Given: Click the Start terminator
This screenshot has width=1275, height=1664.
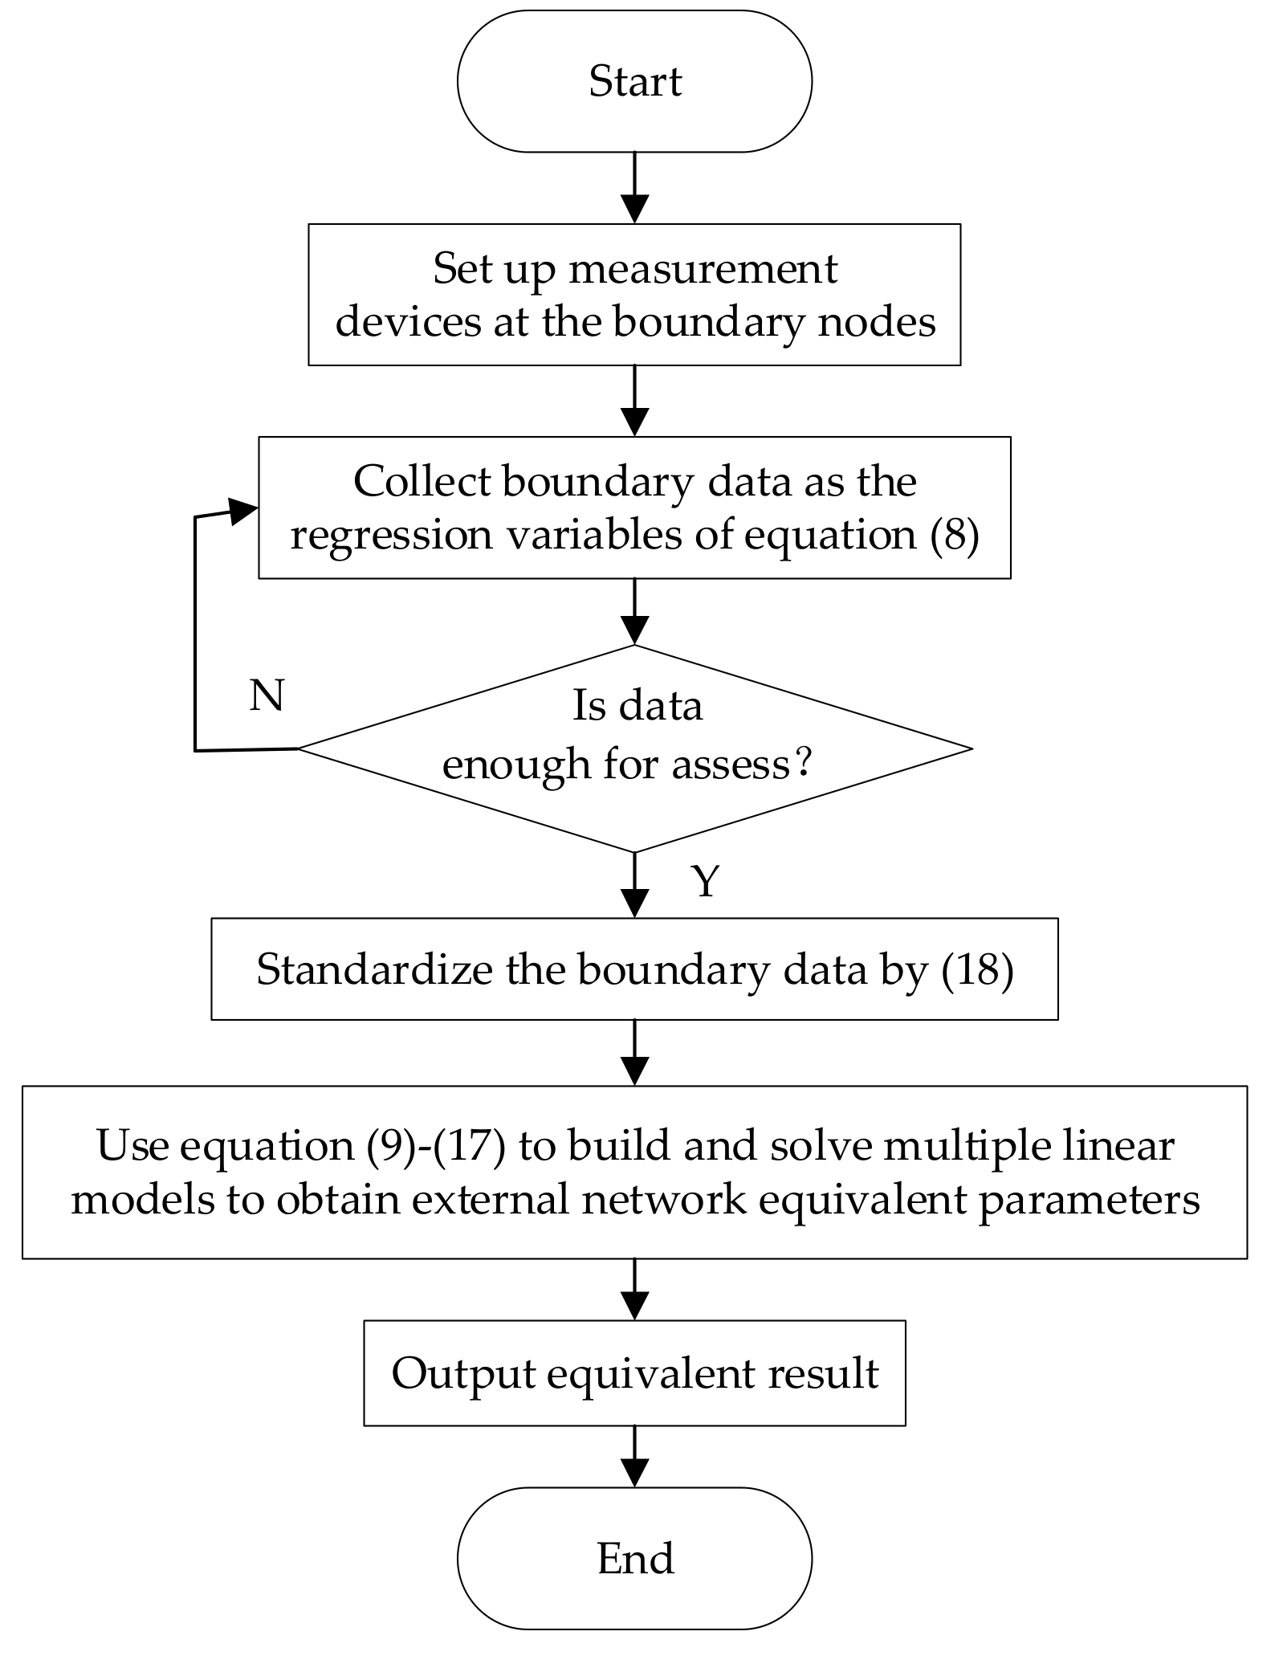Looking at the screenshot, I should (634, 81).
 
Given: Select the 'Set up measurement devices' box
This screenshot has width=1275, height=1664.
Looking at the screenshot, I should (634, 295).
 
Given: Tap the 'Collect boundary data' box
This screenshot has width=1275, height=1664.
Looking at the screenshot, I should (634, 508).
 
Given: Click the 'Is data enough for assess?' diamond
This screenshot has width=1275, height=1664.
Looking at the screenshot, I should (634, 748).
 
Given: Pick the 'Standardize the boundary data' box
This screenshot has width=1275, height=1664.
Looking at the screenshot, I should (634, 969).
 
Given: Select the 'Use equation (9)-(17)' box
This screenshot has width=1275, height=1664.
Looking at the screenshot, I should (634, 1172).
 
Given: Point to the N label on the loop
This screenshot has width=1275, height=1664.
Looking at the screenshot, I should (267, 695).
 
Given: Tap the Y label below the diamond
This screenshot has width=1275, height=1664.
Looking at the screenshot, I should (705, 881).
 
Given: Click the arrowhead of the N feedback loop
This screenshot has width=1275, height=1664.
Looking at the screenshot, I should (243, 510).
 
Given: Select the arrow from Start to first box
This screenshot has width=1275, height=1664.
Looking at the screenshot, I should (634, 188).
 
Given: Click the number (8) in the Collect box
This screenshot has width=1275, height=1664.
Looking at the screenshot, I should (954, 535).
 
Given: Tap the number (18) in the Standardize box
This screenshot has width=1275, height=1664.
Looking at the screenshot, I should (976, 969).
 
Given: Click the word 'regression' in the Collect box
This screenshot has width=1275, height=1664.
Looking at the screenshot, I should (391, 535).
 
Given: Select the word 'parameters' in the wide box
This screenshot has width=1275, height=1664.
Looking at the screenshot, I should (1089, 1200).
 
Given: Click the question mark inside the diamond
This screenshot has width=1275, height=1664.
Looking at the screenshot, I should (803, 763).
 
